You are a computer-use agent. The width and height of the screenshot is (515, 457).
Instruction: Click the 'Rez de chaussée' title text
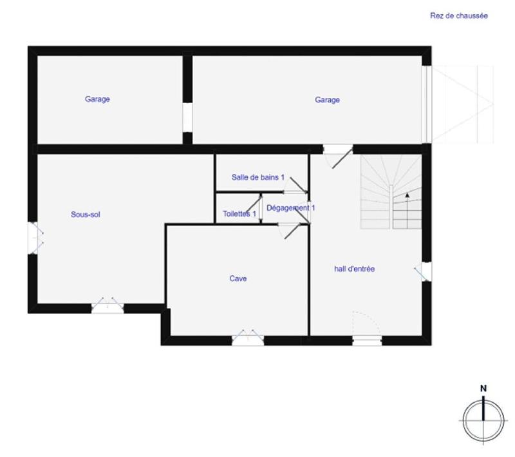point(458,16)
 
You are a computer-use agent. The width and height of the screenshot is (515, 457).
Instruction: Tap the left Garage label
point(97,99)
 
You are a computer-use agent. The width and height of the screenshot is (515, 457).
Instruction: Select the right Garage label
point(327,100)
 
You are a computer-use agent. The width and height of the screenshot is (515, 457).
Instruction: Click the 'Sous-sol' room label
point(86,215)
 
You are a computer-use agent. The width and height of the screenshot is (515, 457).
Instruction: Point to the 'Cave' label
point(238,278)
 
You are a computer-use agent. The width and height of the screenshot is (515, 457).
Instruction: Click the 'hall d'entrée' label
point(354,269)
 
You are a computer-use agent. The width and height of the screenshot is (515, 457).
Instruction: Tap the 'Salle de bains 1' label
point(257,177)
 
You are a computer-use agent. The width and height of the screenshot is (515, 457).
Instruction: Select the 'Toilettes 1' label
point(239,213)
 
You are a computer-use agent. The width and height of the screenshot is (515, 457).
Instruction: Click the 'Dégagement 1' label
point(290,208)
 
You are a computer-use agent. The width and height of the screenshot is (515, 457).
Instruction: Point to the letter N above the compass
point(483,388)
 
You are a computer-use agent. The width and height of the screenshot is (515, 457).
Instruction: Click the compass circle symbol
point(483,420)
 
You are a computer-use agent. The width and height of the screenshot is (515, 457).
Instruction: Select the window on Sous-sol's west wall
point(33,237)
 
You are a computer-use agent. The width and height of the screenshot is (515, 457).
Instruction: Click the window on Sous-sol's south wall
point(108,307)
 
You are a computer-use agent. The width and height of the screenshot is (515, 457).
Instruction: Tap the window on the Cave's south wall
point(248,339)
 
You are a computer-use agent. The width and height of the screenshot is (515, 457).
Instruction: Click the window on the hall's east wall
point(426,271)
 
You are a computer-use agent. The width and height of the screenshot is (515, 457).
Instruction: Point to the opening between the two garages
point(187,117)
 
